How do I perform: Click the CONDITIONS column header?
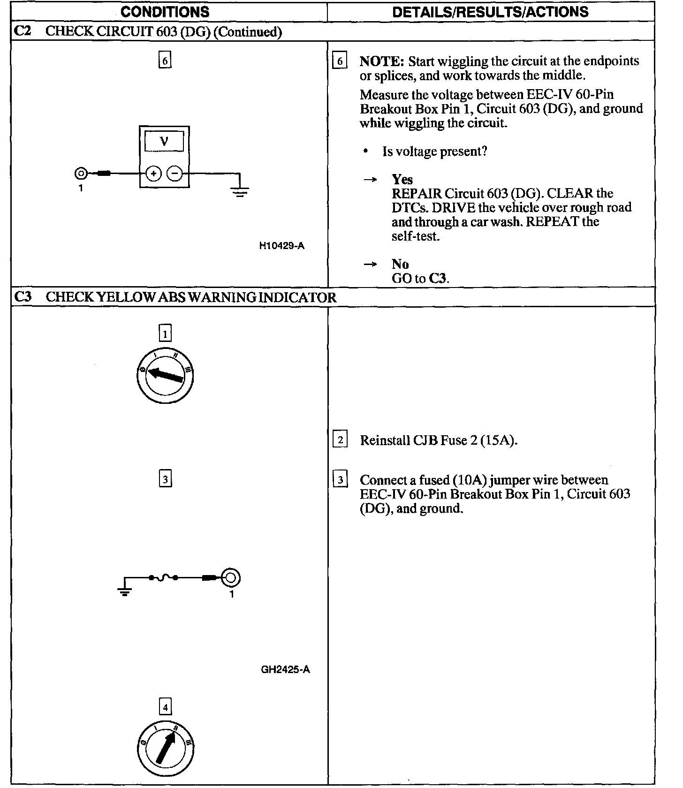[x=165, y=11]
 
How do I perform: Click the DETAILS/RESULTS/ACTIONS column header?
[x=490, y=11]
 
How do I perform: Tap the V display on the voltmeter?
[x=164, y=141]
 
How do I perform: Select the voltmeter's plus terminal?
[x=153, y=174]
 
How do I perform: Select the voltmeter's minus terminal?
[x=175, y=174]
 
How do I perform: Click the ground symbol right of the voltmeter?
[x=240, y=189]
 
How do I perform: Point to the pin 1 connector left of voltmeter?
[x=81, y=174]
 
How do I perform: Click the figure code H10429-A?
[x=281, y=246]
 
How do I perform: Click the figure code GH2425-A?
[x=285, y=669]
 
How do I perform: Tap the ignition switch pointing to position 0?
[x=165, y=376]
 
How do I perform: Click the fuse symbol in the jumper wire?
[x=163, y=577]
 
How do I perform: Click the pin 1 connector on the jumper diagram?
[x=230, y=577]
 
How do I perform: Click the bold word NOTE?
[x=381, y=61]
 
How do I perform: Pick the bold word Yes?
[x=402, y=180]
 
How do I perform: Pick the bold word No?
[x=400, y=264]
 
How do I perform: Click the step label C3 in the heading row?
[x=23, y=297]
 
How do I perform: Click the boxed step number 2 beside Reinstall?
[x=340, y=440]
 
